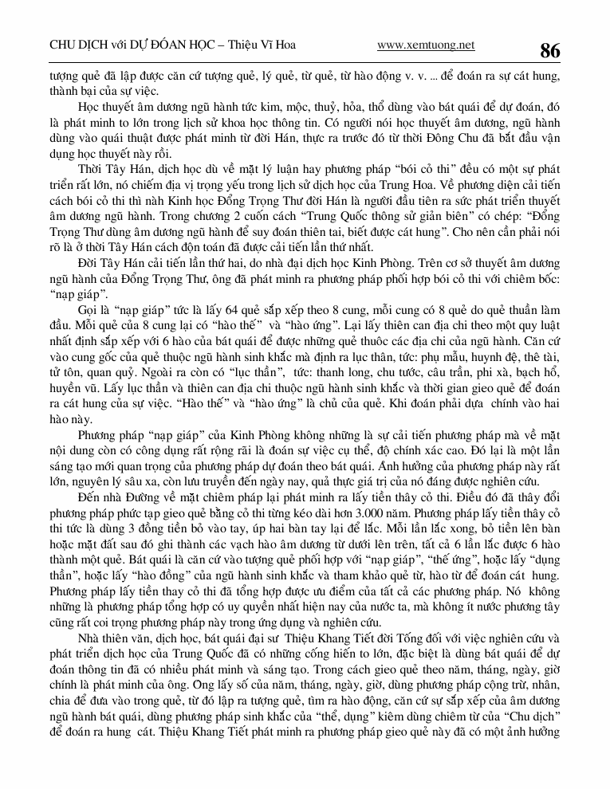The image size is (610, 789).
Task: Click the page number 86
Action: click(x=549, y=50)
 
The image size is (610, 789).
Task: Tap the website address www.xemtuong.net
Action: click(x=426, y=45)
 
